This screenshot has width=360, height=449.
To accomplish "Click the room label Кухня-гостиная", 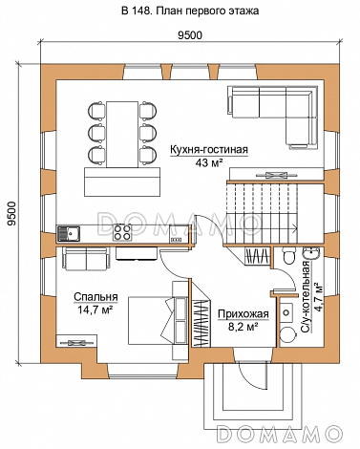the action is pos(209,150).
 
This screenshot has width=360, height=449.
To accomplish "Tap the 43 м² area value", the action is pos(209,163).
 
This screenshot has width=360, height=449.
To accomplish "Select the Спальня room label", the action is pos(95,297).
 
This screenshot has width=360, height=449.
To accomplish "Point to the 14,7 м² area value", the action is pos(95,309).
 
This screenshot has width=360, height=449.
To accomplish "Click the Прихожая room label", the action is pos(244,314).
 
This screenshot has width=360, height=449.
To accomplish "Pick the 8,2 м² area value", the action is pos(243,327).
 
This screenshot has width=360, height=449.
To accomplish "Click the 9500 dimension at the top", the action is pos(190,35).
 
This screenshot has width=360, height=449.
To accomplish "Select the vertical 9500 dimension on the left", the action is pos(11,214).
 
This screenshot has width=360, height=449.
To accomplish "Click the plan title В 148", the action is pos(137,11).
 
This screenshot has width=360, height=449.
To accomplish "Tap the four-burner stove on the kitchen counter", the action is pos(122,232).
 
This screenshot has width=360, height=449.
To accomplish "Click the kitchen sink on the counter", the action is pos(69,233).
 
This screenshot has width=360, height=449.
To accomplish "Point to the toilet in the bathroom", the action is pos(289,256).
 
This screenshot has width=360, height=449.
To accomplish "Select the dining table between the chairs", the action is pos(122,135).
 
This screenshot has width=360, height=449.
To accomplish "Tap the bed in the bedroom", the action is pos(156,320).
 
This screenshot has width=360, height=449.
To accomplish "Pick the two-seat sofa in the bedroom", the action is pos(86,259).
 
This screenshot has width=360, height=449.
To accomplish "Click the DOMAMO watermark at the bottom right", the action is pos(280,434).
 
